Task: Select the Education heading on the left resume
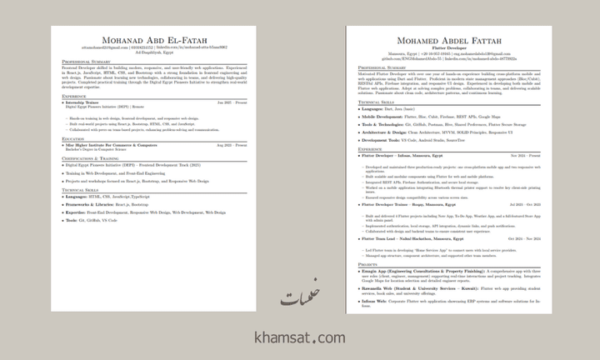(73, 139)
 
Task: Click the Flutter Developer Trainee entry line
(410, 204)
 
